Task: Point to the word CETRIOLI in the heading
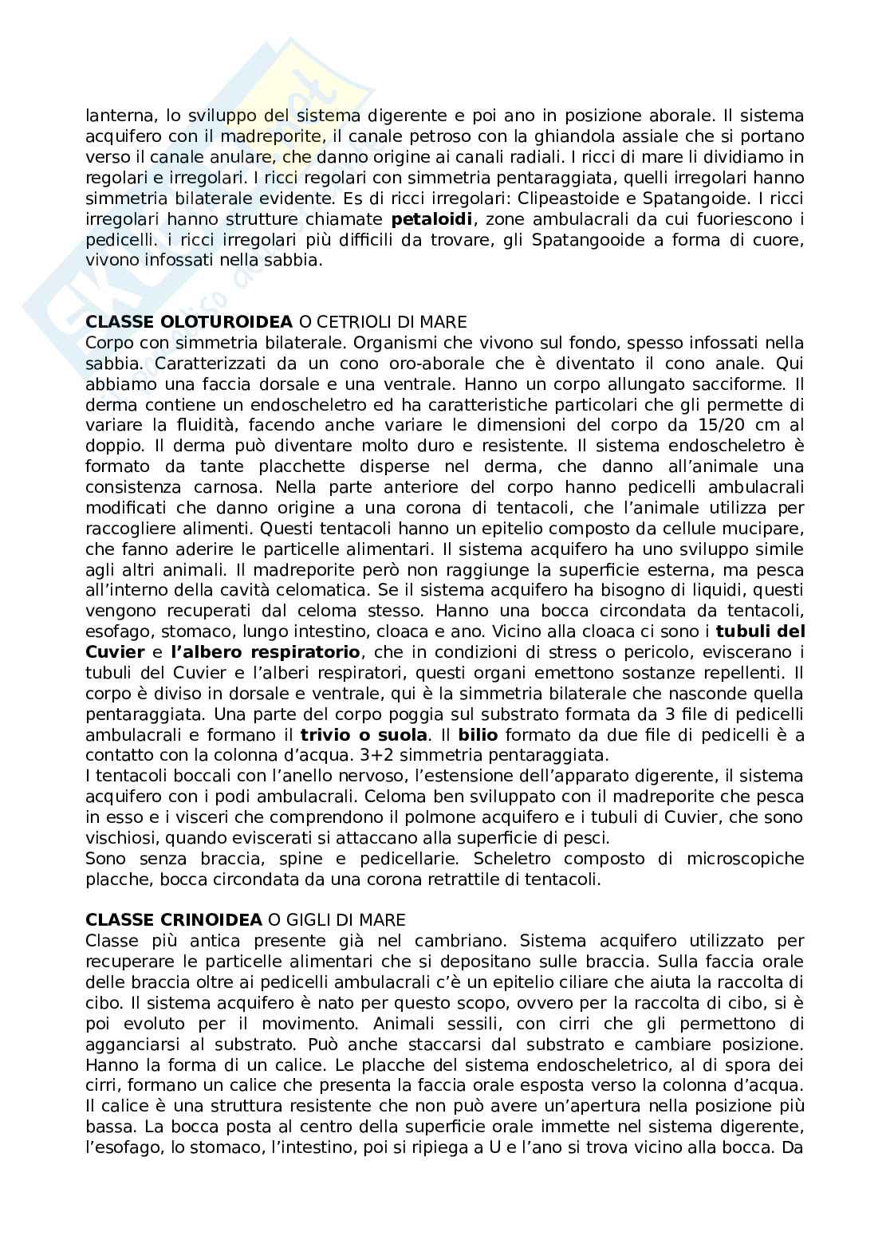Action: click(x=357, y=322)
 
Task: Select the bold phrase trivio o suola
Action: click(x=364, y=735)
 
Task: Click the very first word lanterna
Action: click(x=116, y=116)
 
